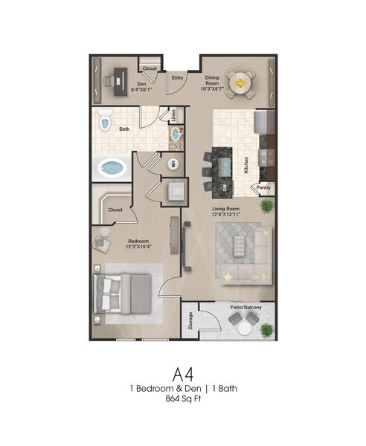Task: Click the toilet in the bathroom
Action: (104, 120)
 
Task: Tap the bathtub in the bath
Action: (112, 168)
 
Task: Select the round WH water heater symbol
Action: (173, 164)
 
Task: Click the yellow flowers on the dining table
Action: (240, 83)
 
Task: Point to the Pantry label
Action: (263, 188)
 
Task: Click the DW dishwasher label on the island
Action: (225, 188)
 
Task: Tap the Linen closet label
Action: (173, 115)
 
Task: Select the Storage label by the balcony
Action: (190, 320)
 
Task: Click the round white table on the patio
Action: (245, 329)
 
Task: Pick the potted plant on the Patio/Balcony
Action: (266, 330)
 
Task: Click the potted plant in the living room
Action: (266, 206)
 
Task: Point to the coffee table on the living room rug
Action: (240, 246)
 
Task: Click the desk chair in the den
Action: (108, 81)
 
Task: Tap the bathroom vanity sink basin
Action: (176, 134)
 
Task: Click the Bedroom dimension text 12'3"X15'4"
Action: (138, 247)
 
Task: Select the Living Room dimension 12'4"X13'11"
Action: (226, 214)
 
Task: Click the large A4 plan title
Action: (183, 375)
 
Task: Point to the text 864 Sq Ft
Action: (183, 398)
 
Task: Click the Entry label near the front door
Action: (177, 77)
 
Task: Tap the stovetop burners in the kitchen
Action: (266, 158)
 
